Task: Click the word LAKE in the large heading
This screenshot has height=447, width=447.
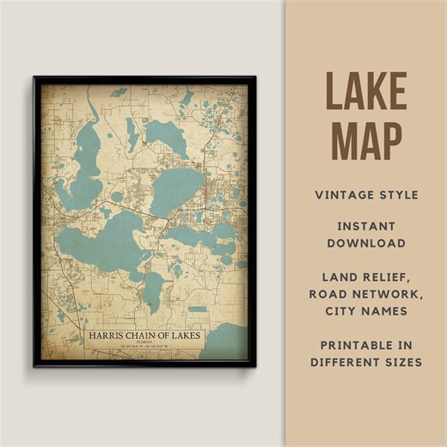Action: pyautogui.click(x=366, y=92)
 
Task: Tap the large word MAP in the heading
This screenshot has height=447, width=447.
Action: pyautogui.click(x=366, y=140)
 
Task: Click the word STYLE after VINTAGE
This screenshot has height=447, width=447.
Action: pyautogui.click(x=399, y=195)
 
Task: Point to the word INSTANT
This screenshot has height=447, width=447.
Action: pyautogui.click(x=366, y=226)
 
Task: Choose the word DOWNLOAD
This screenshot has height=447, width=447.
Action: pyautogui.click(x=366, y=243)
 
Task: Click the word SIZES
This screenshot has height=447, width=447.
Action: pyautogui.click(x=401, y=362)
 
